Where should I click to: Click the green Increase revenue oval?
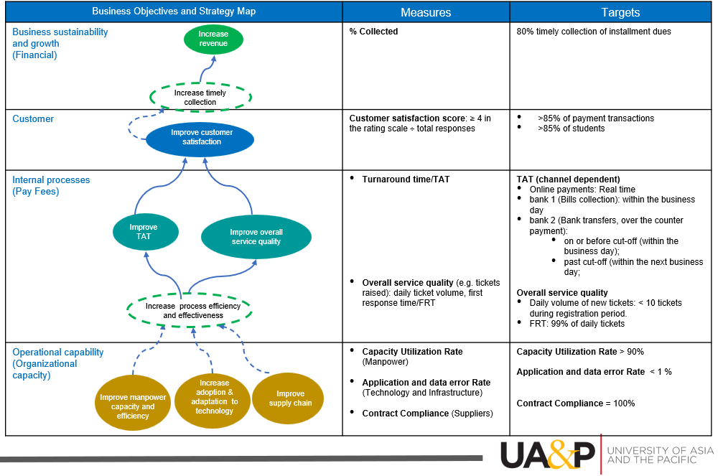tap(213, 39)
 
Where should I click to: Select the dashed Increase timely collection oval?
tap(200, 97)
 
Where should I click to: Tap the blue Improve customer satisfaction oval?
tap(200, 138)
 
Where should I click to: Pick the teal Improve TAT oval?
tap(144, 232)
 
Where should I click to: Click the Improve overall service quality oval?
tap(256, 237)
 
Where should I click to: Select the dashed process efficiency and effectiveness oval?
tap(190, 310)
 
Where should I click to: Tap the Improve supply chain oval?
tap(291, 398)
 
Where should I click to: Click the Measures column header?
tap(426, 12)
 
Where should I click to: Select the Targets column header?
tap(620, 12)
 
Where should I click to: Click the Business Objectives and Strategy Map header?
tap(174, 11)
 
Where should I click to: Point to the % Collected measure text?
tap(373, 32)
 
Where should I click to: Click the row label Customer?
tap(33, 119)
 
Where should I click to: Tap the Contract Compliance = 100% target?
tap(575, 403)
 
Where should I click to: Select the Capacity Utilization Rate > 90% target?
tap(579, 352)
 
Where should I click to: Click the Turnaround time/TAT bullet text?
tap(406, 179)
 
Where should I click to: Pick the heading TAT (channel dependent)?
tap(568, 179)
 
